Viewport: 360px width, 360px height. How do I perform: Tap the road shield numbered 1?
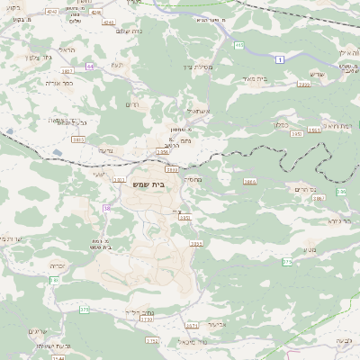point(280,58)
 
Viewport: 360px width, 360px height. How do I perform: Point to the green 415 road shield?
point(238,45)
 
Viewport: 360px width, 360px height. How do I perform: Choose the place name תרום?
point(136,104)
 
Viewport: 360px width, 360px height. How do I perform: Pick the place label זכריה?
point(55,267)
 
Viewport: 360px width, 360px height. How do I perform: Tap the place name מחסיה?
point(192,180)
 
